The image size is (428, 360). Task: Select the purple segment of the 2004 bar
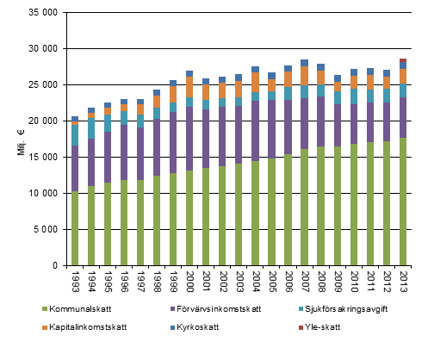pyautogui.click(x=255, y=130)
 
